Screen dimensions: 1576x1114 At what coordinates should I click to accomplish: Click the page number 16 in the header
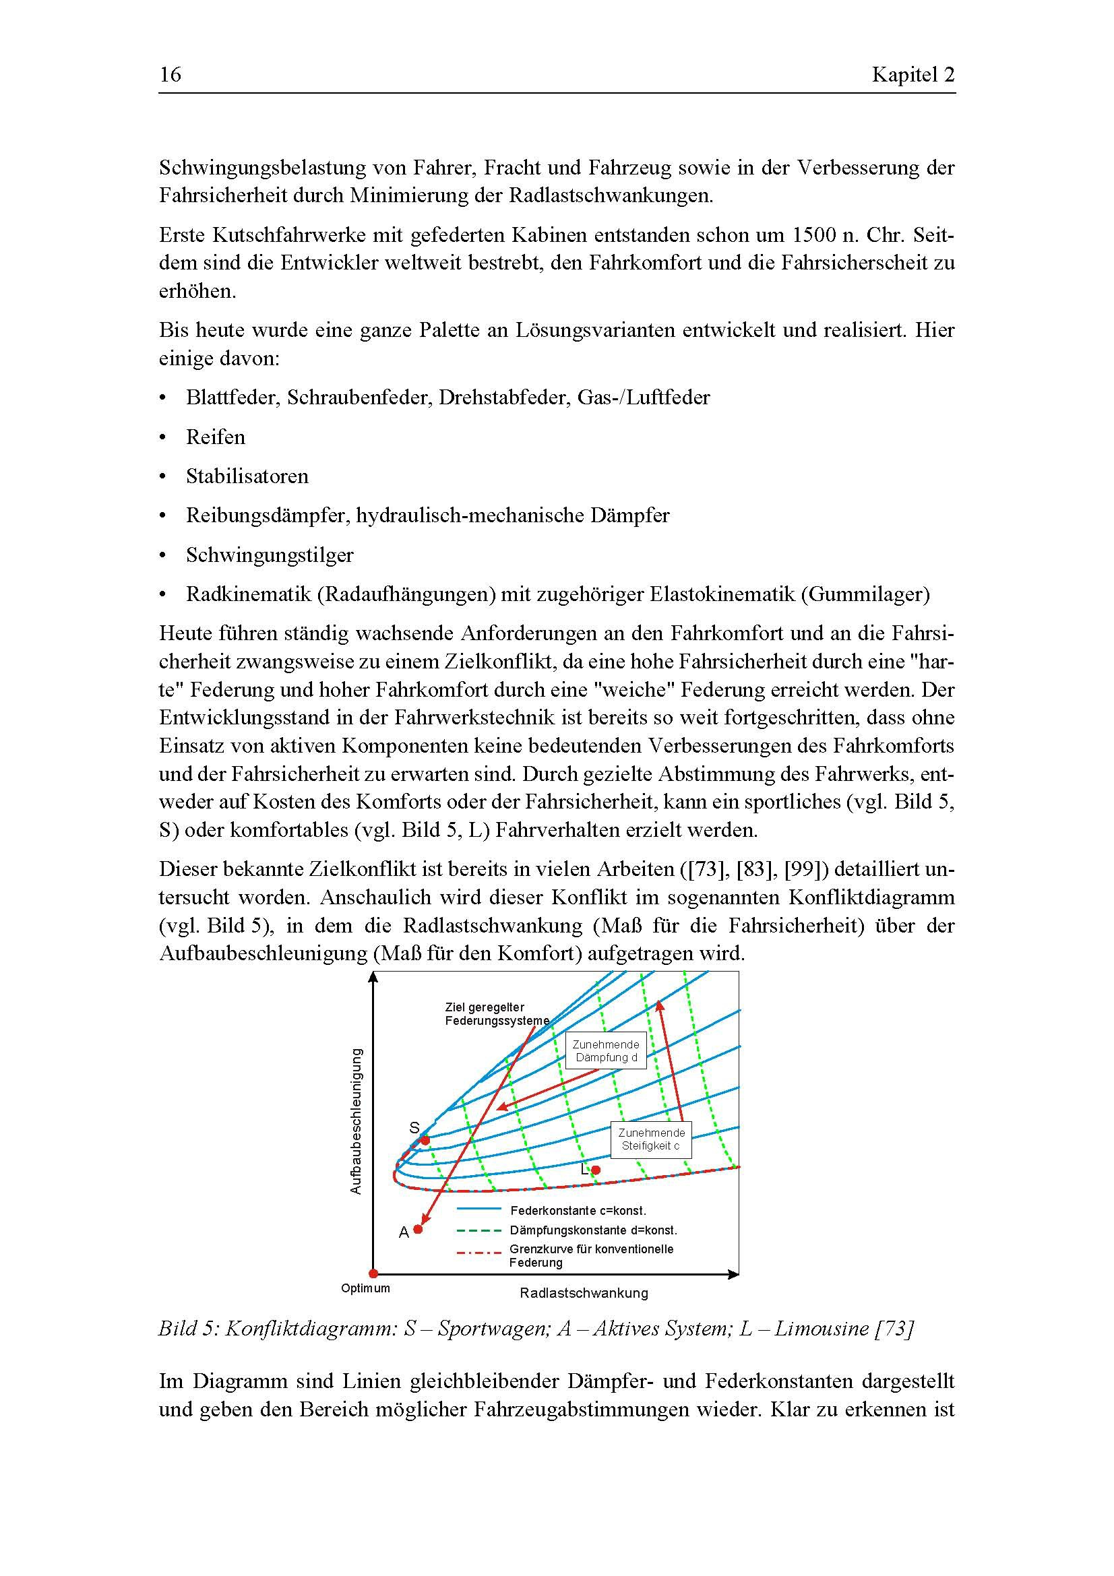pyautogui.click(x=171, y=74)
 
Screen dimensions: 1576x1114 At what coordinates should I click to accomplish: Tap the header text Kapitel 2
pyautogui.click(x=913, y=74)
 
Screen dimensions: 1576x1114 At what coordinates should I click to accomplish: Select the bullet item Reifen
pyautogui.click(x=216, y=437)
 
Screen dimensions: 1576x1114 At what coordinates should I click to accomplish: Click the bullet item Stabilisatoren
pyautogui.click(x=247, y=476)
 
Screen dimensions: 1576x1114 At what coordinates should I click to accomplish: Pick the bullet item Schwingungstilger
pyautogui.click(x=269, y=555)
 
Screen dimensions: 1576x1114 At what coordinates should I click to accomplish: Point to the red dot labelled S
pyautogui.click(x=425, y=1140)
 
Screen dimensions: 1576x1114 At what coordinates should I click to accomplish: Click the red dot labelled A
pyautogui.click(x=418, y=1230)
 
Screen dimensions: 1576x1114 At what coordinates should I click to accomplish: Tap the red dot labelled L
pyautogui.click(x=596, y=1170)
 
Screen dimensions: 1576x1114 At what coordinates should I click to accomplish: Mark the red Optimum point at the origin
pyautogui.click(x=373, y=1274)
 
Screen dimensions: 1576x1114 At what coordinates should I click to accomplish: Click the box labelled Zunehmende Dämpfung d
pyautogui.click(x=606, y=1051)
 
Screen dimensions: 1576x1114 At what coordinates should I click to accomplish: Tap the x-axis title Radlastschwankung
pyautogui.click(x=584, y=1293)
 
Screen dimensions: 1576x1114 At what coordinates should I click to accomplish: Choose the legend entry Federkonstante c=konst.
pyautogui.click(x=578, y=1211)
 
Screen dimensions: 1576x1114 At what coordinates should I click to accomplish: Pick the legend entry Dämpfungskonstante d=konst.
pyautogui.click(x=593, y=1231)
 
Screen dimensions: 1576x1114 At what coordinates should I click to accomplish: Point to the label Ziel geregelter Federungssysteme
pyautogui.click(x=495, y=1014)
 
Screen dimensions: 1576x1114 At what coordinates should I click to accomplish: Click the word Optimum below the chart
pyautogui.click(x=365, y=1288)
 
